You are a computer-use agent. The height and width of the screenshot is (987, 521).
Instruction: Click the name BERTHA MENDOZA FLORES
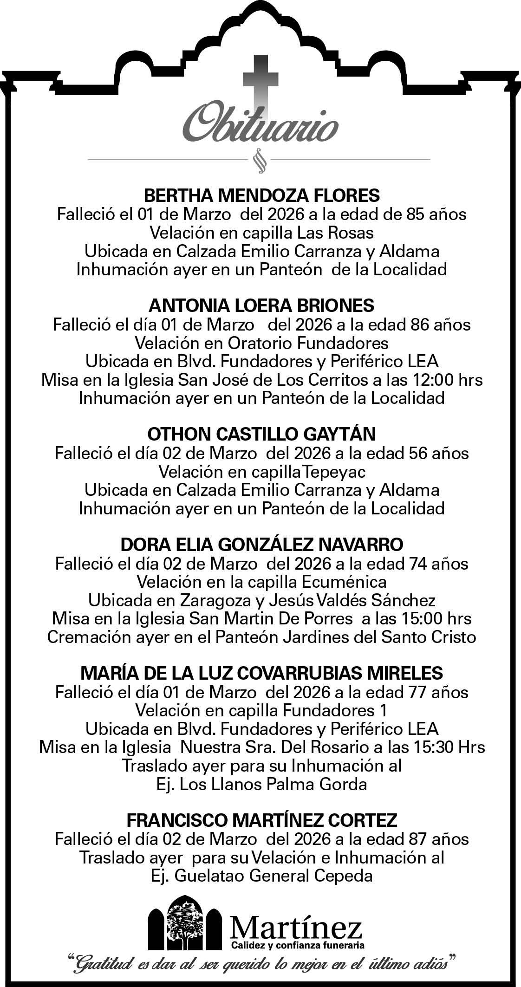coord(262,195)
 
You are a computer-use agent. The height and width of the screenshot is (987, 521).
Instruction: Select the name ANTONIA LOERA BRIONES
coord(261,305)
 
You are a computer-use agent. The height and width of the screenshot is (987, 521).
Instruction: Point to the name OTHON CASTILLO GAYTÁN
coord(261,434)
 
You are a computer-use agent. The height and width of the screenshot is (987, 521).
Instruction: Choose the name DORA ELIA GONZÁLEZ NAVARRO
coord(261,544)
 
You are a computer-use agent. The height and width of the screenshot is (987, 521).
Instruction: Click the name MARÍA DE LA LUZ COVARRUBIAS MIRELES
coord(261,672)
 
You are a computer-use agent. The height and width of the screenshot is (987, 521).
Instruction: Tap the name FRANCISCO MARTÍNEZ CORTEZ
coord(261,820)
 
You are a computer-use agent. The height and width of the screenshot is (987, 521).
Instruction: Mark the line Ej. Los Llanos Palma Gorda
coord(261,784)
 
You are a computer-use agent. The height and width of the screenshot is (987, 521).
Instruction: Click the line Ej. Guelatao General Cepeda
coord(261,876)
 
